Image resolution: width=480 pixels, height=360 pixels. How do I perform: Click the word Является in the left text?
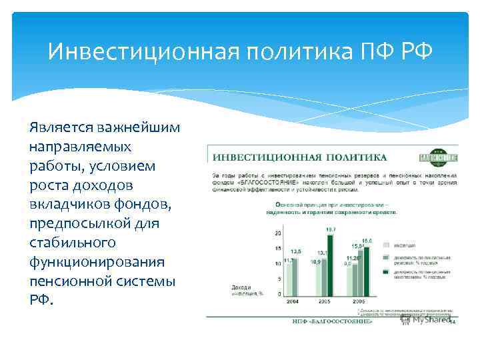coord(62,128)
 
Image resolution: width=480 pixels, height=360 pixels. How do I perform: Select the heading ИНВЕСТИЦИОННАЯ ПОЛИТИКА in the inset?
coord(299,157)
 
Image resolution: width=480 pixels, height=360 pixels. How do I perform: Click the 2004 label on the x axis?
coord(292,301)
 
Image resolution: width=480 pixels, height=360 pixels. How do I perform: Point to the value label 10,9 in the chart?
coord(315,262)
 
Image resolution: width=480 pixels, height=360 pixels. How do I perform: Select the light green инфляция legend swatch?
coord(385,244)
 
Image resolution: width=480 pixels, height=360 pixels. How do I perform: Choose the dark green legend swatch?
coord(385,273)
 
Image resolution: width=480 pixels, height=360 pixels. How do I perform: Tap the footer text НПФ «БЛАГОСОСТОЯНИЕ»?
coord(332,321)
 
